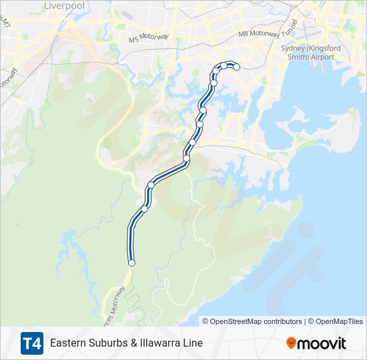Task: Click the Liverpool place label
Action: pos(64,5)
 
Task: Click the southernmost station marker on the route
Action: pos(131,263)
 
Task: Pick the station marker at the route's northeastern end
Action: pos(236,67)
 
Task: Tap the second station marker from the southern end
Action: pos(144,209)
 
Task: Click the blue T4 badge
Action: pos(31,343)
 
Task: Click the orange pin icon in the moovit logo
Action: pos(291,343)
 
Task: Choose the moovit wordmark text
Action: pos(322,343)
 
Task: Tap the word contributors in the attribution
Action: pos(282,321)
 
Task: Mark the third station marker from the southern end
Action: pos(151,185)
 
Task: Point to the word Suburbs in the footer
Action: pos(108,343)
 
